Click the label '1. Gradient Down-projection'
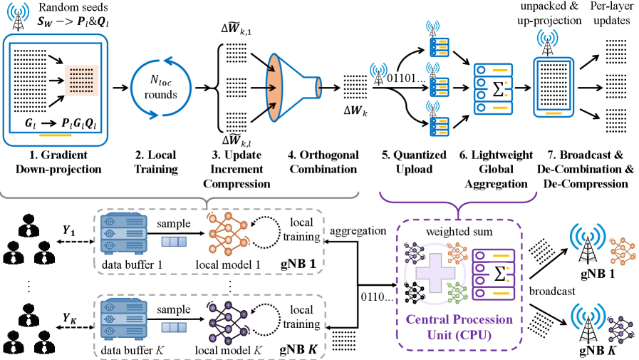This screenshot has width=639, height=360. (x=53, y=161)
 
